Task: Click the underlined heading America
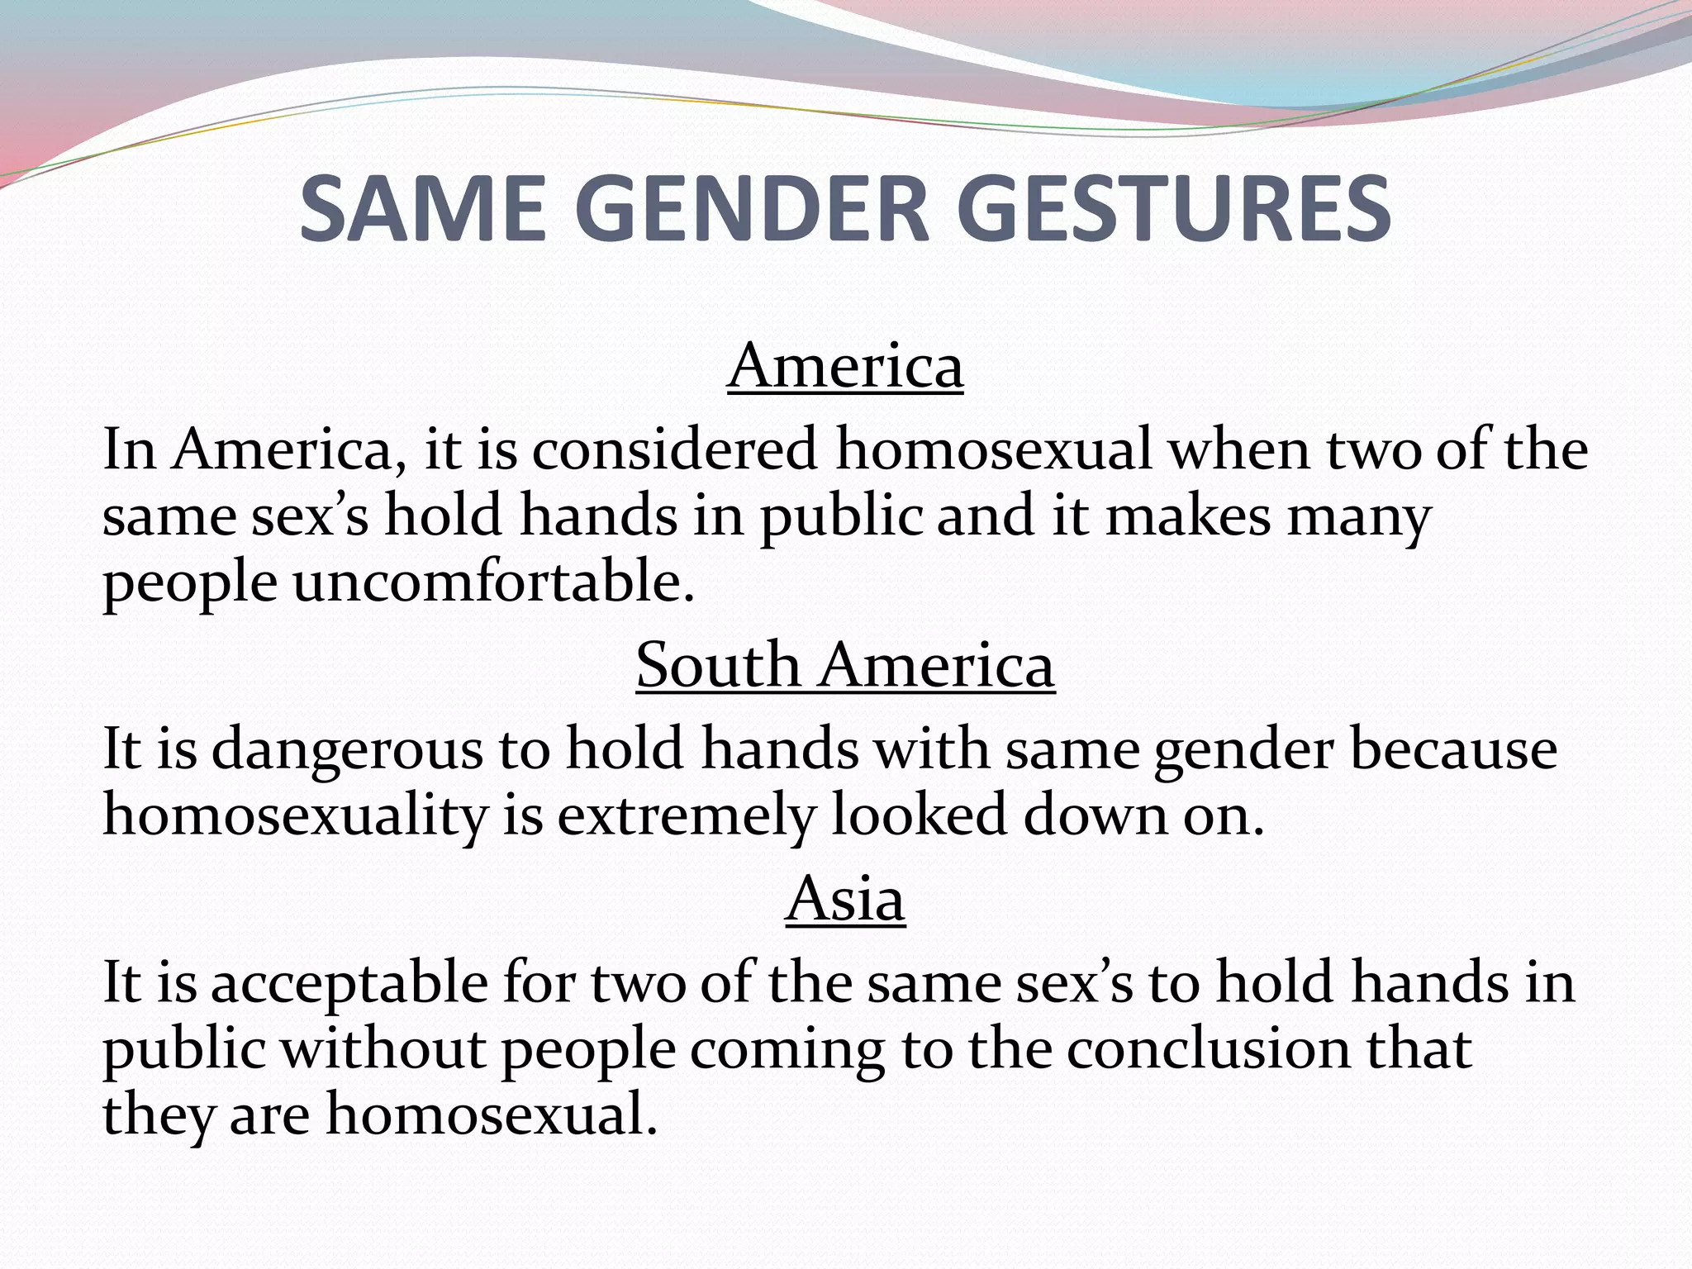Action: point(845,366)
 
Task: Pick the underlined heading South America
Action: point(845,665)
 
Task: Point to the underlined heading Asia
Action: point(845,899)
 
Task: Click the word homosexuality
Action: point(295,815)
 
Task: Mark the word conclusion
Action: point(1206,1049)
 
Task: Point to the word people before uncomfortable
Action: point(189,582)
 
